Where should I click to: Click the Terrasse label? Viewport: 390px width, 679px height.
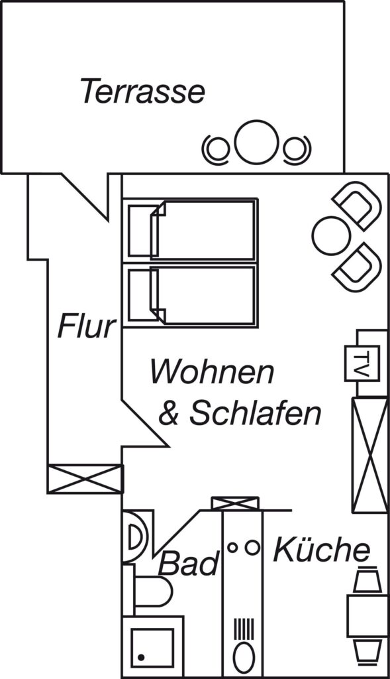(x=142, y=90)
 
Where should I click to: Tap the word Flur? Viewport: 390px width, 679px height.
(x=87, y=326)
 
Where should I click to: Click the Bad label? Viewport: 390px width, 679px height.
(x=189, y=564)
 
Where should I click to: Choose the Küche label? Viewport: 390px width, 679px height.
(x=322, y=549)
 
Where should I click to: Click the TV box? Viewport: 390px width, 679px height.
(x=362, y=363)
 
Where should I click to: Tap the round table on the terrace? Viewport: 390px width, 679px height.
(x=256, y=143)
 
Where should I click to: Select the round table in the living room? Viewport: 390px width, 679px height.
(x=331, y=235)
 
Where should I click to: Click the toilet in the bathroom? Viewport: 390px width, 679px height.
(x=152, y=591)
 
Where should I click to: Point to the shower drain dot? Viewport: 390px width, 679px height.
(x=142, y=657)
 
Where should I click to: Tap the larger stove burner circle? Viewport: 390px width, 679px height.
(x=252, y=547)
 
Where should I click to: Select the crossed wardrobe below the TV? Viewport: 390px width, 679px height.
(x=369, y=455)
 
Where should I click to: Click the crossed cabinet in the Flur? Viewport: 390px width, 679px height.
(x=85, y=479)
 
